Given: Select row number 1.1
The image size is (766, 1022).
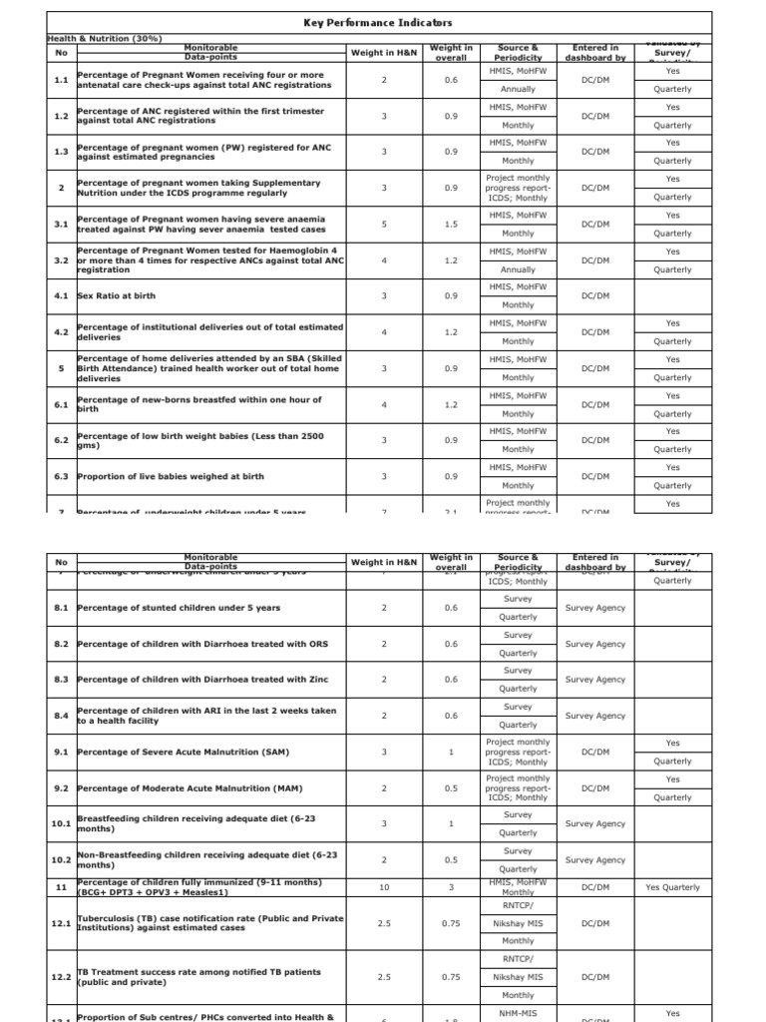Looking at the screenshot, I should (x=61, y=80).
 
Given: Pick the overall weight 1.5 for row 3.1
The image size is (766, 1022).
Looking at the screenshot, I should (x=451, y=225).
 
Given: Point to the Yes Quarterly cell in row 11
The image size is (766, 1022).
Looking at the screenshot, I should (x=672, y=887).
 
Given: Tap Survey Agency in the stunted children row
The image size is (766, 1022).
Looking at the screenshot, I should (x=594, y=608).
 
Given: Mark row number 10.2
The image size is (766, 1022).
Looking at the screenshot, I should (x=61, y=859).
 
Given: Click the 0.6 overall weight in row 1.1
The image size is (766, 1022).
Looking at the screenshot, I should (x=451, y=80).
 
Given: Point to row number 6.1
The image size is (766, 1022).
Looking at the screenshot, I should (x=61, y=404).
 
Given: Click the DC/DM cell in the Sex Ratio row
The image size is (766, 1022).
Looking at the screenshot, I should (x=594, y=296).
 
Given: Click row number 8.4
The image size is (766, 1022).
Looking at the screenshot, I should (x=61, y=716).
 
